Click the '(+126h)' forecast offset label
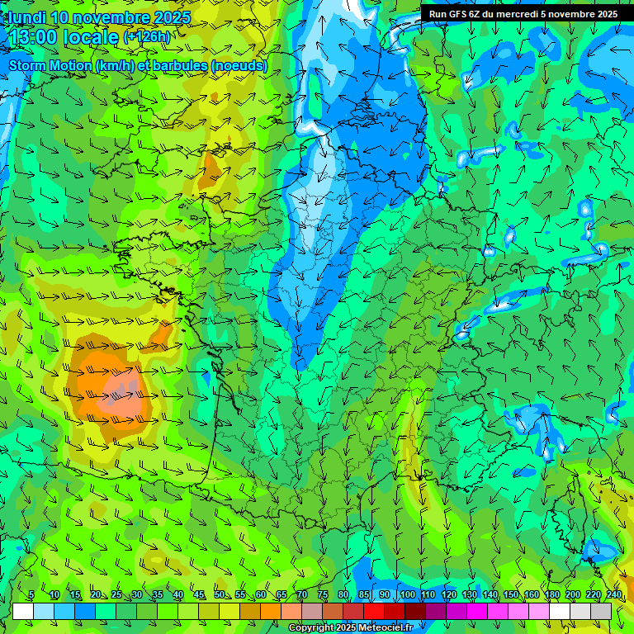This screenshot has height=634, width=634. tap(147, 37)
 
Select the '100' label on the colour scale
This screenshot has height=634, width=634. tap(407, 594)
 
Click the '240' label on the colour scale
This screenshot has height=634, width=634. tap(614, 594)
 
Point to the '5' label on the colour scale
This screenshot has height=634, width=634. tap(31, 594)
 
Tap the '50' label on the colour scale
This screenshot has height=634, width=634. tap(220, 594)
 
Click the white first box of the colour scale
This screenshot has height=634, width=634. tap(23, 611)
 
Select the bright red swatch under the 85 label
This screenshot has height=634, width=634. tap(374, 611)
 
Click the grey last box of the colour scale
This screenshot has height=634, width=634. tap(601, 611)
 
